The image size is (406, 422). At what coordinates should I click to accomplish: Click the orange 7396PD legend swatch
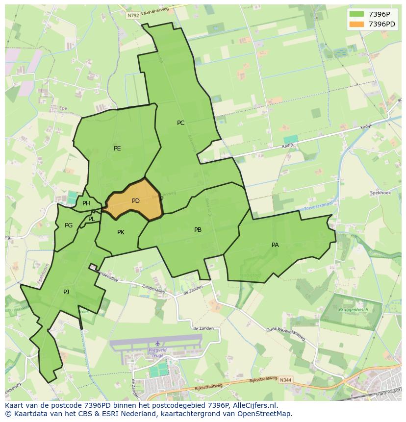click(x=356, y=24)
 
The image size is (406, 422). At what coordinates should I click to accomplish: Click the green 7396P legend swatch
click(x=356, y=14)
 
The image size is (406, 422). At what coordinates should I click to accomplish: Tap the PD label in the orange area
click(x=136, y=201)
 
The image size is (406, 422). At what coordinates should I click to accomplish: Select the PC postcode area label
click(x=181, y=123)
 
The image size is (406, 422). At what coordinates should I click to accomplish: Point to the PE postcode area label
click(x=117, y=149)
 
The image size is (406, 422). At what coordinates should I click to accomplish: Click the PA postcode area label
click(x=275, y=245)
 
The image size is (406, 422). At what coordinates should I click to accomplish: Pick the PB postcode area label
click(x=198, y=230)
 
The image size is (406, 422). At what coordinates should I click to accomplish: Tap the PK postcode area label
click(x=121, y=232)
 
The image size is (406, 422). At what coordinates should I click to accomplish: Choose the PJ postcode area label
click(x=66, y=292)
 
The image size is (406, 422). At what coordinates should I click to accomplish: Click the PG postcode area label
click(x=69, y=225)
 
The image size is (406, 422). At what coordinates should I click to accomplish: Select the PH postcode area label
click(x=86, y=203)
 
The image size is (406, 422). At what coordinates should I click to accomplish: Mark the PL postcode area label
click(x=92, y=219)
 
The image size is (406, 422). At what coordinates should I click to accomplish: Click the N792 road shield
click(x=133, y=16)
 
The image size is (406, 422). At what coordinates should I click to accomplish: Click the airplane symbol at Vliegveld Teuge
click(x=157, y=344)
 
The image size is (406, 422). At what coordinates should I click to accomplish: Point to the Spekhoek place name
click(x=380, y=193)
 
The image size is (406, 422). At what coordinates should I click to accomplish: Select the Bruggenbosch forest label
click(x=353, y=310)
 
